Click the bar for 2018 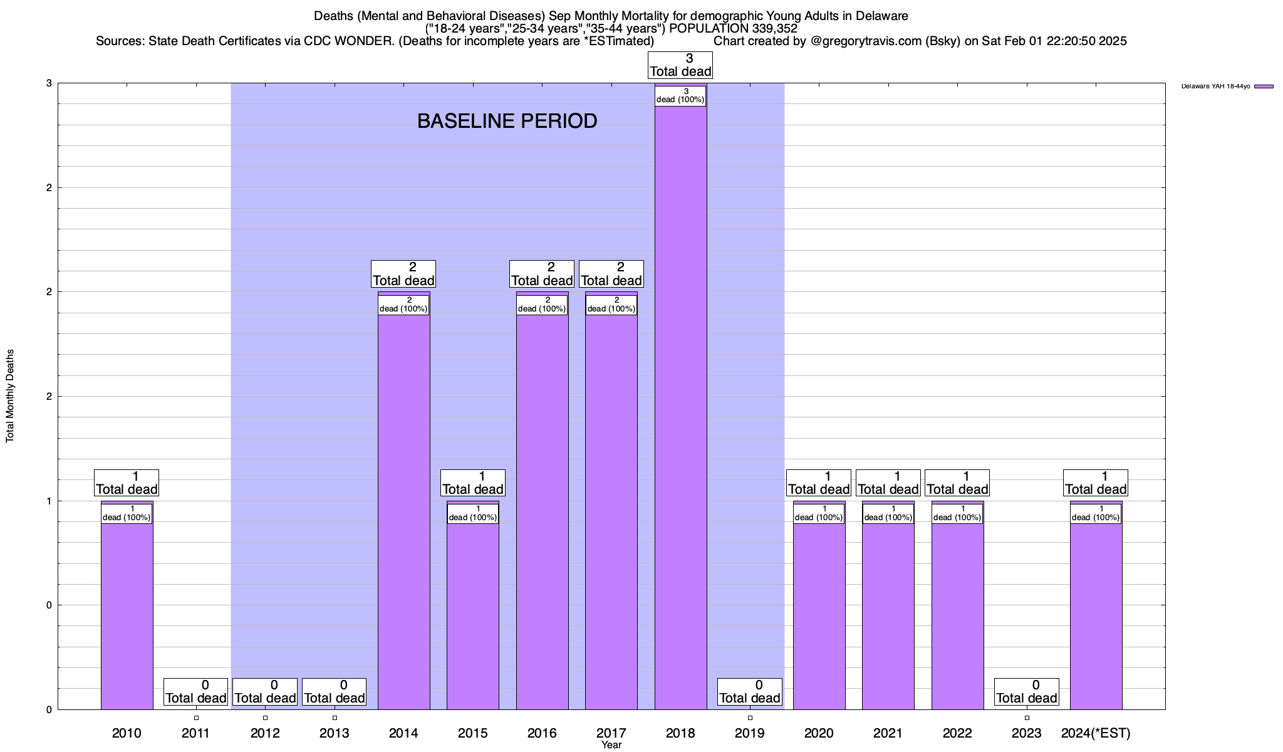point(680,407)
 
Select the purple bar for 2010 point(127,614)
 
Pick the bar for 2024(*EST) point(1096,614)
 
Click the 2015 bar point(473,614)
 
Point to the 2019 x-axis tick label point(750,733)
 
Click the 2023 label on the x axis point(1027,733)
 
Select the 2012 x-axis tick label point(265,733)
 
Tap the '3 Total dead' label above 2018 point(680,65)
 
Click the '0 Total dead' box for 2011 point(195,692)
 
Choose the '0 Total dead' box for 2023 point(1027,692)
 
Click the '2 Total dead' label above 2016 point(542,274)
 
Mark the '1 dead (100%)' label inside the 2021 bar point(888,513)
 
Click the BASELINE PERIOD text point(507,121)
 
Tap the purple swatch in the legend point(1264,86)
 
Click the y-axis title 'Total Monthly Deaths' point(10,396)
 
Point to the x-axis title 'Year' point(611,745)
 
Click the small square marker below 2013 point(335,718)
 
